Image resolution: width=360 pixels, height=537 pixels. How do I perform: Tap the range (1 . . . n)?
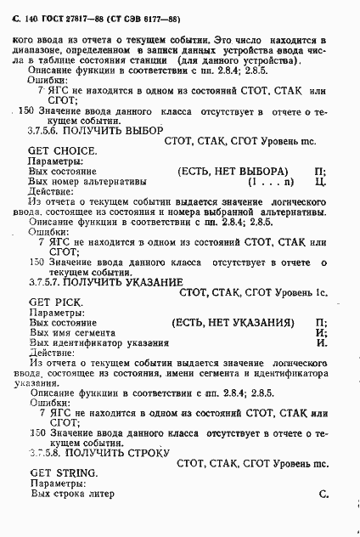[x=271, y=182]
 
